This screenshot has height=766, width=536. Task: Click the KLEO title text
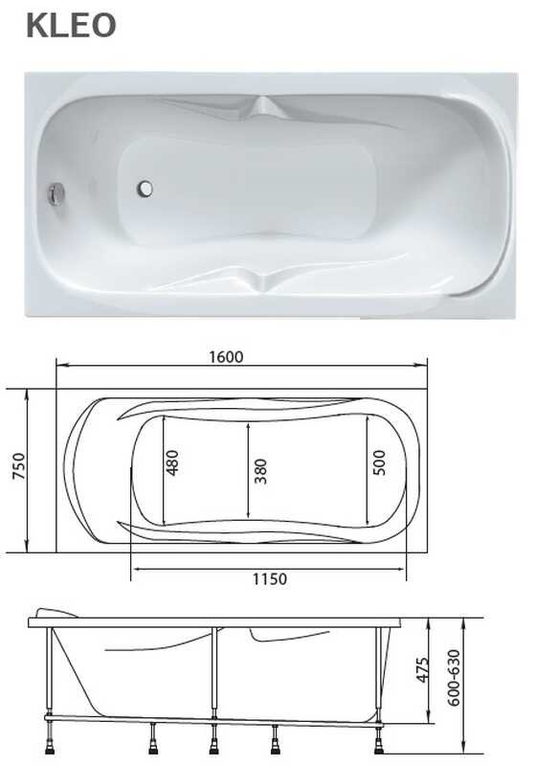pyautogui.click(x=71, y=26)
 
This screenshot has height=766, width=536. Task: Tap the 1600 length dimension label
pyautogui.click(x=226, y=357)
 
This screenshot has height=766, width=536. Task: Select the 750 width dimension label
pyautogui.click(x=18, y=466)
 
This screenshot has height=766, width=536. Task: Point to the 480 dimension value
pyautogui.click(x=172, y=462)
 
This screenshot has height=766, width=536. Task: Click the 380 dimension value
pyautogui.click(x=260, y=471)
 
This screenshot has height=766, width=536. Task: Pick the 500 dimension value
pyautogui.click(x=379, y=462)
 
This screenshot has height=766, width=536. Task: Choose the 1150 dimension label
pyautogui.click(x=270, y=579)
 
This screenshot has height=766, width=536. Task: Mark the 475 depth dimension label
pyautogui.click(x=422, y=669)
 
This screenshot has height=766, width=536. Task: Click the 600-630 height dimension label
pyautogui.click(x=454, y=678)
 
